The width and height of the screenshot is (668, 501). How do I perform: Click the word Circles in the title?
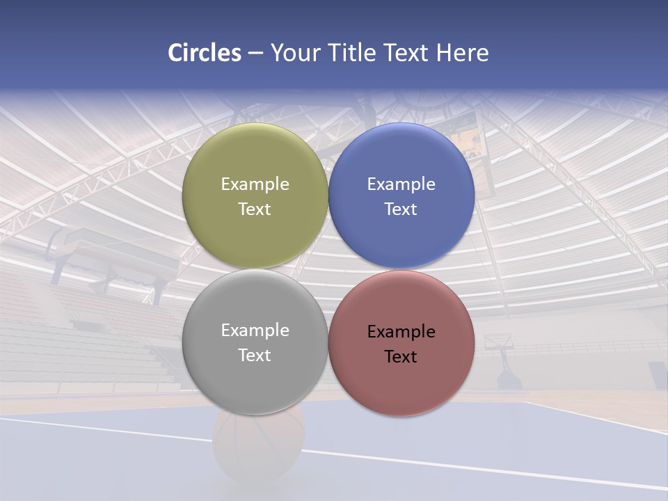point(204,53)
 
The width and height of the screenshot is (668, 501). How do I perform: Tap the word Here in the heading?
point(462,53)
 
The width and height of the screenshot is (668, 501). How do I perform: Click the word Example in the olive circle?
point(255,184)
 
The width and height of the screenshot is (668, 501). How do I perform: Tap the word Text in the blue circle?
point(401,209)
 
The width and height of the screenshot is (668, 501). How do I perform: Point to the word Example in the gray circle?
point(255,330)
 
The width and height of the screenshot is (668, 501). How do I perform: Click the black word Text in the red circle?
point(401,356)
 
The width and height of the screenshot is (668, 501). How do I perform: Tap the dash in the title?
point(255,53)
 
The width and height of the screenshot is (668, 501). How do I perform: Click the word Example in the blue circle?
point(401,184)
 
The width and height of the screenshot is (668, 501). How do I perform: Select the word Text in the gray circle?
point(255,355)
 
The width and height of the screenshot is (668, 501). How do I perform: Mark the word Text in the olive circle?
point(255,209)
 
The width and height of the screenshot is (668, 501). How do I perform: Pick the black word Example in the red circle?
point(401,331)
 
